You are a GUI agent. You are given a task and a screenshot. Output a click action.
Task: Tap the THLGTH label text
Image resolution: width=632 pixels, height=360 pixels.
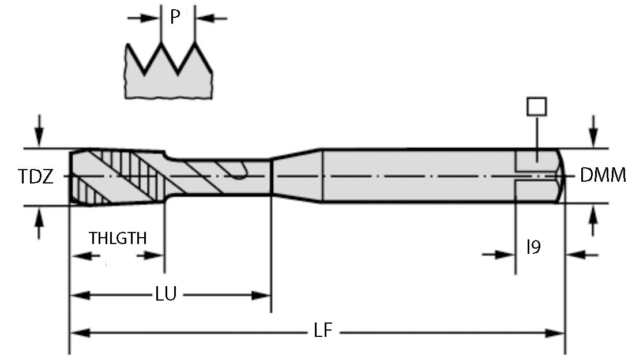pos(117,238)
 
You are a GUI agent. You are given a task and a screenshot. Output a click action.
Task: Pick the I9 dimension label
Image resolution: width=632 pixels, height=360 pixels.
pos(533,248)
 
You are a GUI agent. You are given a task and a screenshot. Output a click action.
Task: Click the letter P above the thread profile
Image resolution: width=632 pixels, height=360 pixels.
pos(175,18)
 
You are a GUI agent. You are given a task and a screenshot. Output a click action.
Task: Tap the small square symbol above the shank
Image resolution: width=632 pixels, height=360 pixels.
pos(537,107)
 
